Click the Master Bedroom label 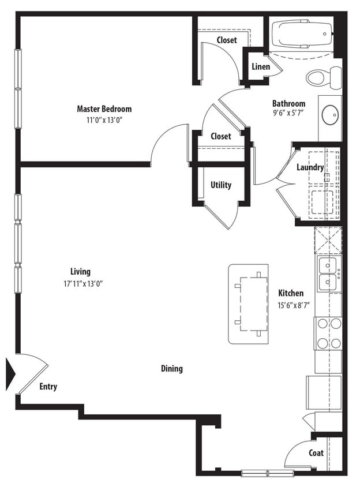(104, 108)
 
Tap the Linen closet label (261, 67)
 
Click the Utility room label (221, 185)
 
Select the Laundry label (310, 167)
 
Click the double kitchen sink (328, 274)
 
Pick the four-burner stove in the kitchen (328, 333)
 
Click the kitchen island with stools (249, 304)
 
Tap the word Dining (172, 368)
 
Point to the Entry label (48, 387)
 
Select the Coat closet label (316, 453)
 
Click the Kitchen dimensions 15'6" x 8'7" (294, 306)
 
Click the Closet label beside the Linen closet (227, 40)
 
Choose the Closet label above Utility (220, 136)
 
